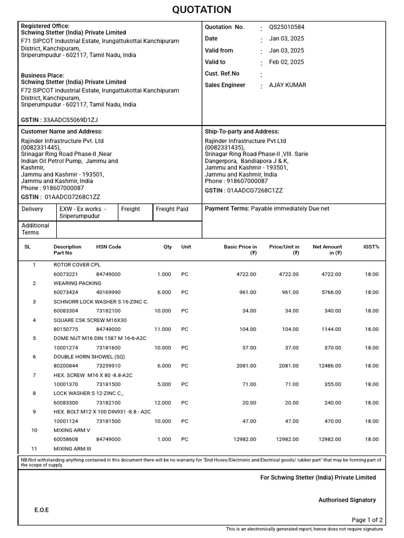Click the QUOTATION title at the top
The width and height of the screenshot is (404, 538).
[201, 10]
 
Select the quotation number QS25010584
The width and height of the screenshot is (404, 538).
[286, 27]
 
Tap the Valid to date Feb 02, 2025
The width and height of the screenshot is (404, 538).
[286, 62]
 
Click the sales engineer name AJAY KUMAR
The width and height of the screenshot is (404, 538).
[287, 85]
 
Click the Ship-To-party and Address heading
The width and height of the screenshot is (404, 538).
[242, 131]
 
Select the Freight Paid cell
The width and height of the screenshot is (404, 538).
[171, 209]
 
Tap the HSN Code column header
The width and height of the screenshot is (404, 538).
[108, 247]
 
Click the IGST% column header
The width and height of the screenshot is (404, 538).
[371, 247]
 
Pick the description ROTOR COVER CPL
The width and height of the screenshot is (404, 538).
[77, 265]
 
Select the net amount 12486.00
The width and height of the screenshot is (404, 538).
[330, 366]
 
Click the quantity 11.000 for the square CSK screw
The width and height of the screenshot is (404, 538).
[164, 329]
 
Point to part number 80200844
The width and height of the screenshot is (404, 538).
[65, 366]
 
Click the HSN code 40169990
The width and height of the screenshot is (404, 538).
[108, 293]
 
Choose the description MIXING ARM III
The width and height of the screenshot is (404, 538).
[72, 449]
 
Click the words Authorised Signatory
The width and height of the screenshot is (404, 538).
[347, 500]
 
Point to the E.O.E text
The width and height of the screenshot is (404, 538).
[42, 510]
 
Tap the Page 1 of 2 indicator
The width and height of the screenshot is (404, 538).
[367, 520]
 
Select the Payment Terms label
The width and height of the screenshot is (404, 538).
[227, 209]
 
